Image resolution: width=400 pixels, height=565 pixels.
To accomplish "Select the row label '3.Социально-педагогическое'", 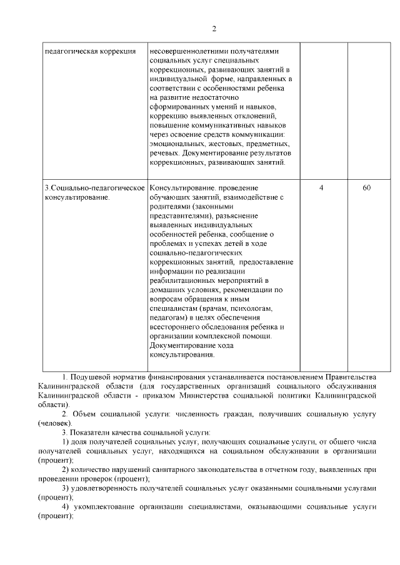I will pyautogui.click(x=94, y=188).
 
